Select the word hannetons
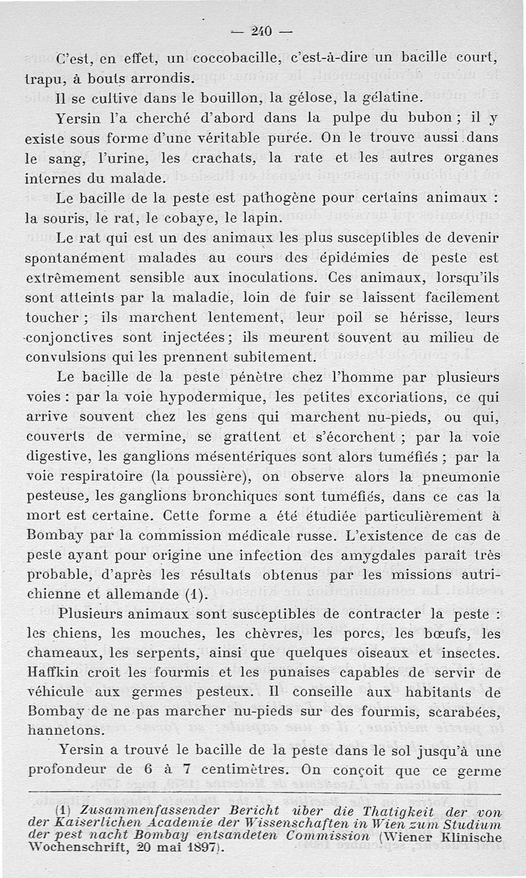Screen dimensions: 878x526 [64, 730]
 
